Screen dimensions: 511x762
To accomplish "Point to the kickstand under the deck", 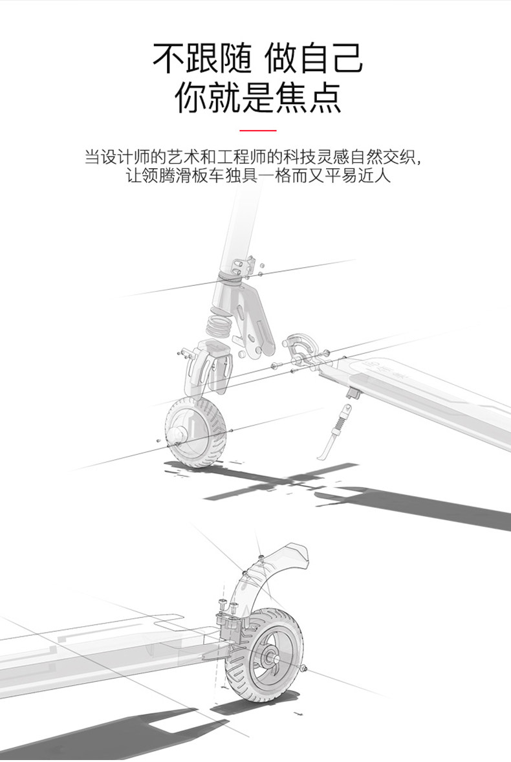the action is (336, 430).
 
